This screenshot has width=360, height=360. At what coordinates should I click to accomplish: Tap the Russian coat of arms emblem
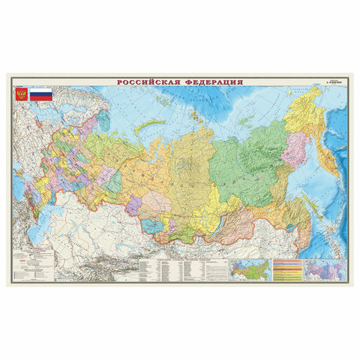pos(20,95)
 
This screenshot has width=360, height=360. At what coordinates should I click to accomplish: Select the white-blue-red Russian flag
pos(40,95)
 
